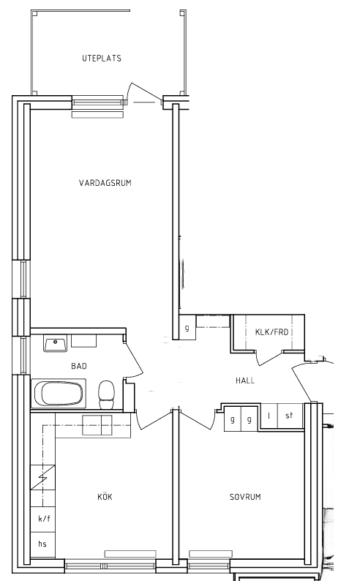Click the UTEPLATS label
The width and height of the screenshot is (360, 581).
[102, 59]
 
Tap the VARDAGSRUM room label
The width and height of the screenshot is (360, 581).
[105, 183]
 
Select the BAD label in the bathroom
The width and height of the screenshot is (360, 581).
[79, 366]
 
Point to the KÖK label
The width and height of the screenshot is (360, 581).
[105, 497]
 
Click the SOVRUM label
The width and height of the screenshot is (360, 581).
[245, 497]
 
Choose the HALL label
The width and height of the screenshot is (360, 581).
[245, 381]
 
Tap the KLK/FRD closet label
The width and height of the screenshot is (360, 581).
[272, 331]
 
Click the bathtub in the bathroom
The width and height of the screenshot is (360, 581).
[59, 393]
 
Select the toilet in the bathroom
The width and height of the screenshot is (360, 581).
[107, 394]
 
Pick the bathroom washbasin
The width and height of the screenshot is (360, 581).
[55, 342]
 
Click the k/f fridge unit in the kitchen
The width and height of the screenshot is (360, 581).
[43, 519]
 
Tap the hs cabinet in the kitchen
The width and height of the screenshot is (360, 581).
[43, 544]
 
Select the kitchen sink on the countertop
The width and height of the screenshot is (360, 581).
[97, 425]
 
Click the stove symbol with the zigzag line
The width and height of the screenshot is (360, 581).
[42, 478]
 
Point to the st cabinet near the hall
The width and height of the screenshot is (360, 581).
[290, 416]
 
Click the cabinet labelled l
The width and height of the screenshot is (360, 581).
[269, 416]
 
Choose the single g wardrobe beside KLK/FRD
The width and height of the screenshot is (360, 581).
[187, 328]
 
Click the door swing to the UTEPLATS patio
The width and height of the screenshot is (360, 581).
[144, 93]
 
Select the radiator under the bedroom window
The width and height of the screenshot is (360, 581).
[211, 554]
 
